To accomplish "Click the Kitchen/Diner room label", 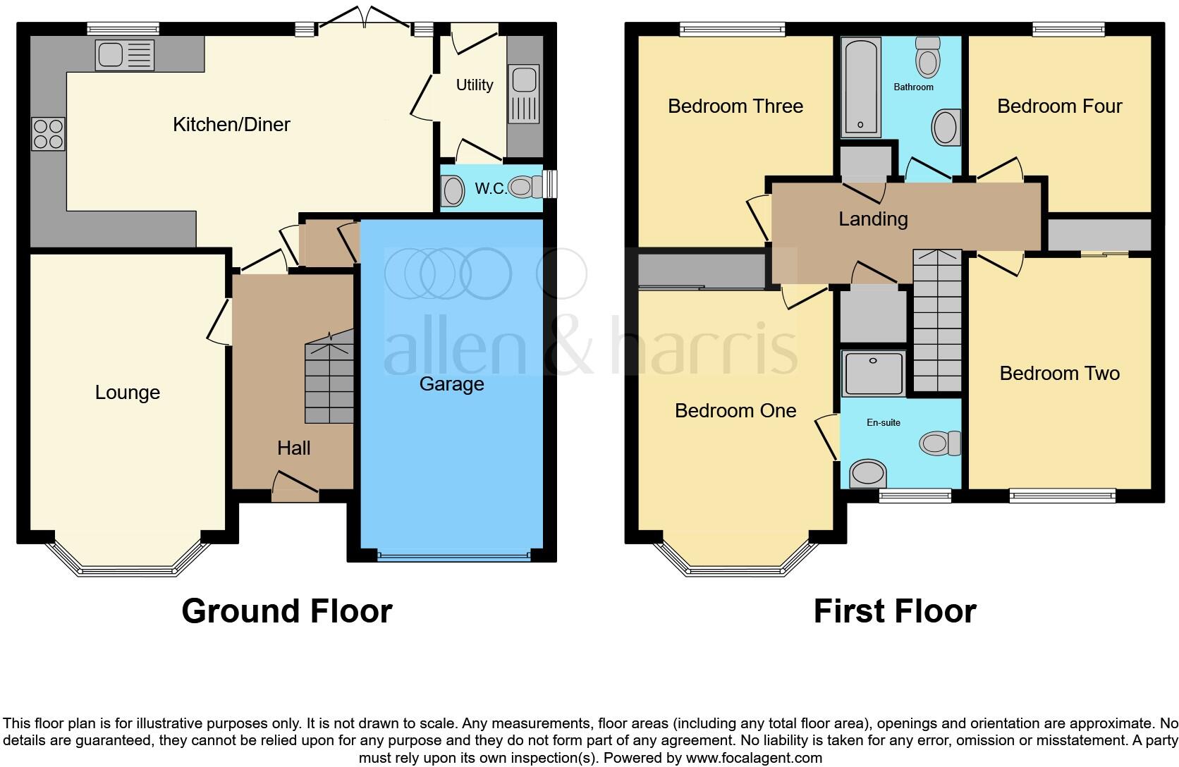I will pyautogui.click(x=231, y=125).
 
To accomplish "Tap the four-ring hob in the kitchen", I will pyautogui.click(x=49, y=134).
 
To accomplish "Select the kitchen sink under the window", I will pyautogui.click(x=125, y=56).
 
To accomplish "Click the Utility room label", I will pyautogui.click(x=474, y=85).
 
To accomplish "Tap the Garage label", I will pyautogui.click(x=451, y=384).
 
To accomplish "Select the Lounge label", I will pyautogui.click(x=128, y=393).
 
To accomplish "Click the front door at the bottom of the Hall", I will pyautogui.click(x=295, y=491).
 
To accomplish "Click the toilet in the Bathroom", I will pyautogui.click(x=928, y=58).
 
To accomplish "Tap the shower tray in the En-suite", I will pyautogui.click(x=874, y=374).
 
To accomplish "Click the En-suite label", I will pyautogui.click(x=883, y=423).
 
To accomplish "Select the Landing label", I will pyautogui.click(x=872, y=219).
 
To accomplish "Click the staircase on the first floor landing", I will pyautogui.click(x=937, y=321).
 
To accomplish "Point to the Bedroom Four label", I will pyautogui.click(x=1059, y=106).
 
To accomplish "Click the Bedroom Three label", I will pyautogui.click(x=735, y=106).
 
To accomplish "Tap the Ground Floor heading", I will pyautogui.click(x=286, y=611).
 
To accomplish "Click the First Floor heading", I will pyautogui.click(x=894, y=611).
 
